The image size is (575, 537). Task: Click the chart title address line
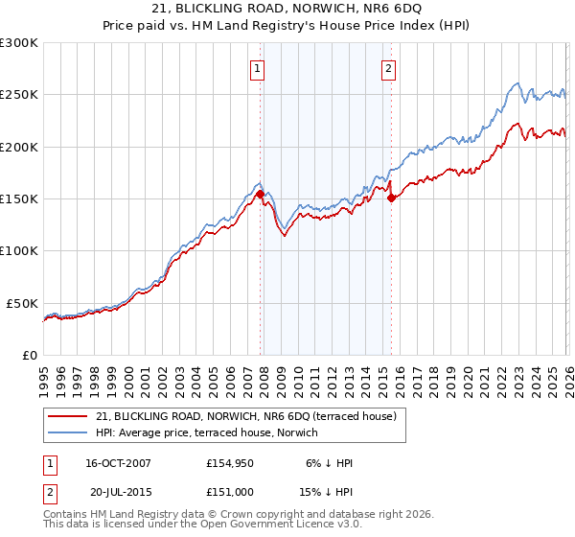[287, 9]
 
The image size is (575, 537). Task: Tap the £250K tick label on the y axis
[19, 94]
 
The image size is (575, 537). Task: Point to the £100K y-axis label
[19, 250]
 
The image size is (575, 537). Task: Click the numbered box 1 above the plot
[259, 67]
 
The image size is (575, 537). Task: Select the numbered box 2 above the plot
[389, 67]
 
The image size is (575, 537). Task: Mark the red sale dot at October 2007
[260, 194]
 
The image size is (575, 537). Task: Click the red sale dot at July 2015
[391, 198]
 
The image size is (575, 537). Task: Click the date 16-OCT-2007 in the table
[118, 463]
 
